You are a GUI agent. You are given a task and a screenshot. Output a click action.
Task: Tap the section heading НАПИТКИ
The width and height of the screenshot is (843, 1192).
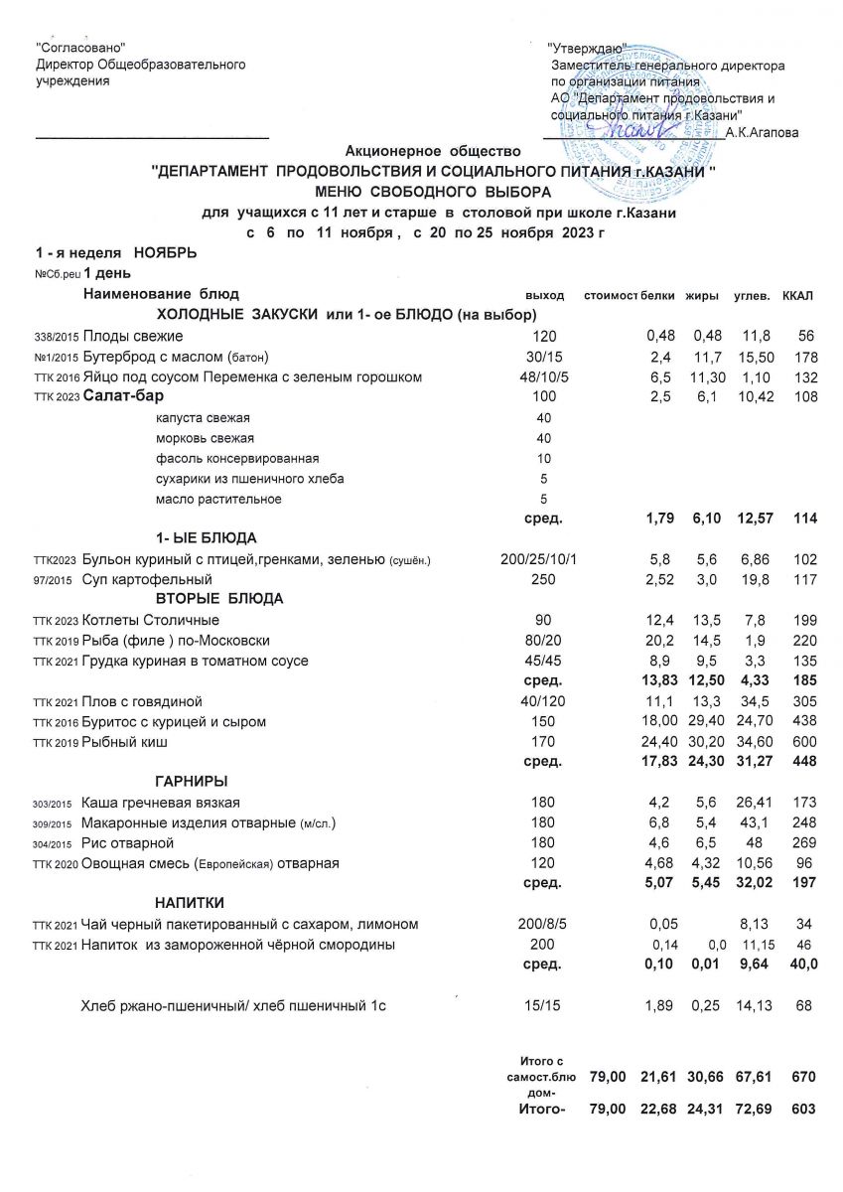[x=190, y=903]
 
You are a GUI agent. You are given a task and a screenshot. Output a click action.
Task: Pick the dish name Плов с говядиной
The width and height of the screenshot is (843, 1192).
[x=144, y=701]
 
